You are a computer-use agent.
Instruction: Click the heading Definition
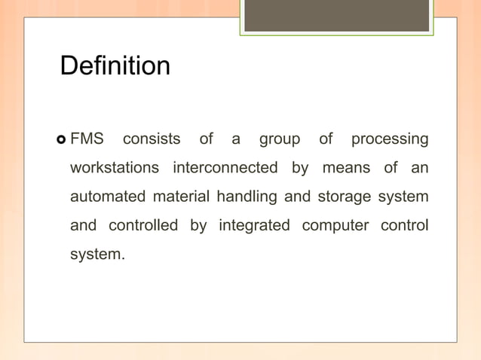pyautogui.click(x=115, y=66)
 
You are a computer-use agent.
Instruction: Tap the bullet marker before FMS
pyautogui.click(x=61, y=140)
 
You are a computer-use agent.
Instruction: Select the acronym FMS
pyautogui.click(x=87, y=139)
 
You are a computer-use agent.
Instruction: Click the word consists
pyautogui.click(x=152, y=139)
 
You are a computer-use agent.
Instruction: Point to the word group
pyautogui.click(x=279, y=140)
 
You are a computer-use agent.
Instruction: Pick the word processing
pyautogui.click(x=390, y=140)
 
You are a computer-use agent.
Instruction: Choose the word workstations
pyautogui.click(x=115, y=168)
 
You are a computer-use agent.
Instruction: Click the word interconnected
pyautogui.click(x=225, y=168)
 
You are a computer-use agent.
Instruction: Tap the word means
pyautogui.click(x=347, y=168)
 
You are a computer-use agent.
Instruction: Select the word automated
pyautogui.click(x=108, y=197)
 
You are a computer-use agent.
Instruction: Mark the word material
pyautogui.click(x=182, y=197)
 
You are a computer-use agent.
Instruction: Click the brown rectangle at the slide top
pyautogui.click(x=336, y=16)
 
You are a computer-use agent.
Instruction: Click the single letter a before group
pyautogui.click(x=236, y=140)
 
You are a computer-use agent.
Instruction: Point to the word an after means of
pyautogui.click(x=420, y=168)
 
